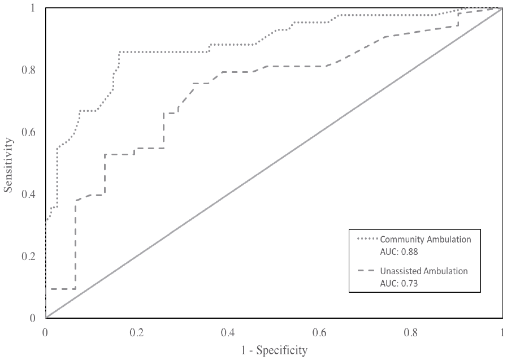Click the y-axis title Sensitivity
(9, 163)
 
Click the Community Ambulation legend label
(426, 239)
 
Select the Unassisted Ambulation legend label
(424, 271)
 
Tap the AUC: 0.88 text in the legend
(399, 250)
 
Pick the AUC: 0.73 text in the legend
(399, 282)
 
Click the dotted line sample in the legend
(368, 239)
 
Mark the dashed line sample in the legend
(368, 271)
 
